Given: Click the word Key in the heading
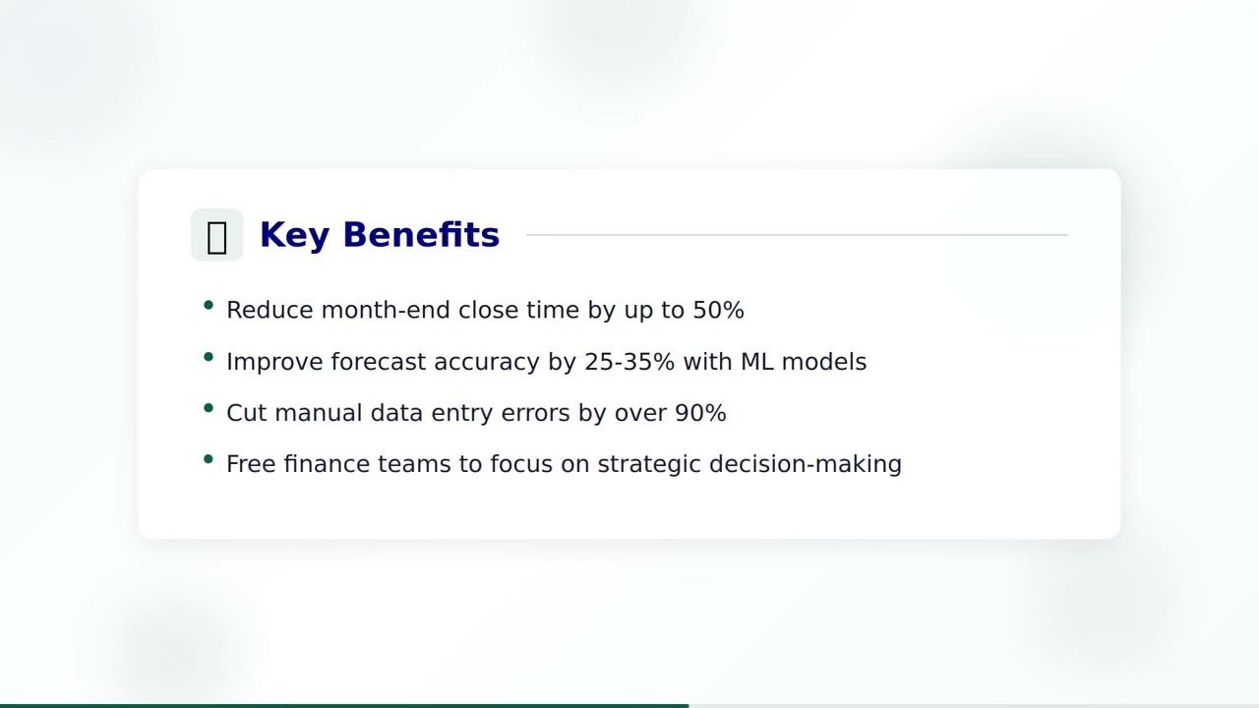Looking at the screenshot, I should pos(294,235).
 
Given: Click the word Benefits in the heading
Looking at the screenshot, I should pos(421,235).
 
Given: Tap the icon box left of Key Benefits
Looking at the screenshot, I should pos(216,235).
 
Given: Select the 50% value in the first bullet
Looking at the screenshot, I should pos(718,310).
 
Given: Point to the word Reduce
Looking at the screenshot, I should pos(270,310).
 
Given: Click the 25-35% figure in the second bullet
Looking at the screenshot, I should pos(629,362).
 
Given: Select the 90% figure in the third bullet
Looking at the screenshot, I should pos(700,413).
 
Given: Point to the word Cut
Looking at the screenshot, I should pos(246,413).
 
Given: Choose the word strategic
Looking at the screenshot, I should pos(649,464).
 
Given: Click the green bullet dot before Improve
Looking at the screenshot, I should pos(209,357).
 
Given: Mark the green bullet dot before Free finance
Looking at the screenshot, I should pos(209,459).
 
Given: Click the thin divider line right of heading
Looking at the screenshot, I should pos(797,235).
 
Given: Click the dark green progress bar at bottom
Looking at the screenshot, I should pos(344,705).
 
